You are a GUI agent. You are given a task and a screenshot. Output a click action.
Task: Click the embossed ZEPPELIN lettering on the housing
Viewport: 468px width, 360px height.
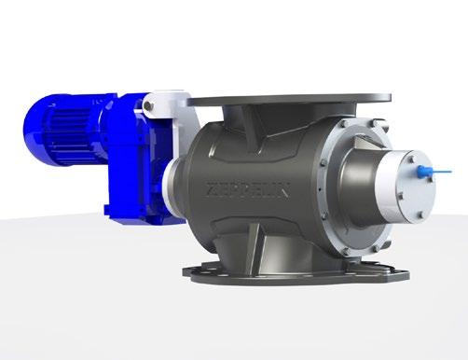pos(248,190)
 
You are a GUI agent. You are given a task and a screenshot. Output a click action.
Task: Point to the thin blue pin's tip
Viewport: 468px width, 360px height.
pos(451,171)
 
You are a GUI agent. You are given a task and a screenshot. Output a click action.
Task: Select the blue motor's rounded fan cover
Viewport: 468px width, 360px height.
pos(34,129)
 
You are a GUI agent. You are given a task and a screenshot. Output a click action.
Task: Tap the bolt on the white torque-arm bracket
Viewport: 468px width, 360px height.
pos(148,105)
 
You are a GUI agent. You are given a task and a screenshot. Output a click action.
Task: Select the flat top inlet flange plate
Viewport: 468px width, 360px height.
pos(289,100)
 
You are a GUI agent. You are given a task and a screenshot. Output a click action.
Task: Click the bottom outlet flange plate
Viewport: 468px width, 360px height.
pos(296,273)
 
